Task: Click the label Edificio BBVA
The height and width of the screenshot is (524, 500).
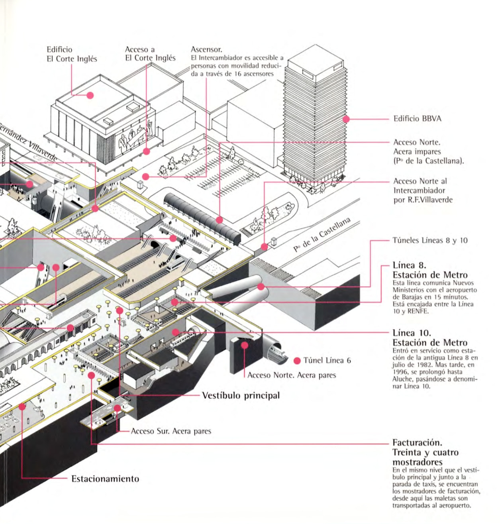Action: pos(417,119)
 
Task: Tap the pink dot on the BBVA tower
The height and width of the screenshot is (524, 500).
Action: pos(346,119)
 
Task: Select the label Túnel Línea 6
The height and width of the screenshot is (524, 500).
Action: pos(327,361)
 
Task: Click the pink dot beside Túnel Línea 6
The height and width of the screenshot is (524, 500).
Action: pos(297,361)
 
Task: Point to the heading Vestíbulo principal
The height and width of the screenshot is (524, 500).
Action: pos(241,396)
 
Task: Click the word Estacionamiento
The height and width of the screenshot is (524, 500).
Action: pos(105,479)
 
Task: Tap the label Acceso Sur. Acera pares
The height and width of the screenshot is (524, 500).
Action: pos(171,431)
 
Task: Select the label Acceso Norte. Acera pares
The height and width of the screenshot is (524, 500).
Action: pos(292,375)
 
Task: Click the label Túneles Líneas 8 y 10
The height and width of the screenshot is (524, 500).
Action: pos(430,240)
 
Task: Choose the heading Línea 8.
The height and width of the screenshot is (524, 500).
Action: pos(409,265)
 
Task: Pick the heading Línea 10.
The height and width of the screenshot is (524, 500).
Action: pos(412,333)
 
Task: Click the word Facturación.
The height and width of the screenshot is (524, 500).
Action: pos(417,443)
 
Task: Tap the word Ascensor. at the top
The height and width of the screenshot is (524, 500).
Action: pos(206,49)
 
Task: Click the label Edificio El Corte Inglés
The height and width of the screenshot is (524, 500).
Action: pos(72,54)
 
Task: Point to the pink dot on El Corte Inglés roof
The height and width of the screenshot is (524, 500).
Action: pos(90,95)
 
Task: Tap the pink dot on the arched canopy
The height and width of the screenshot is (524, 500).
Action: pos(219,220)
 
